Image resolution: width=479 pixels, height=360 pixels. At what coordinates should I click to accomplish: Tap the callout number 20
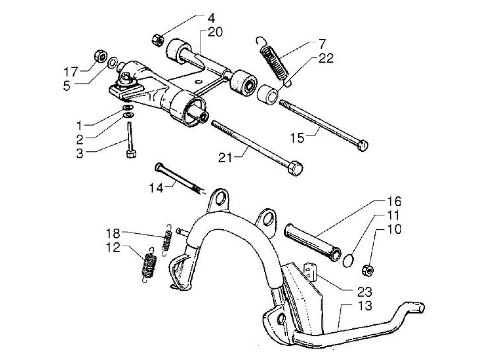[215, 33]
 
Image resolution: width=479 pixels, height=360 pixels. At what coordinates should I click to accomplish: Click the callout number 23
[364, 292]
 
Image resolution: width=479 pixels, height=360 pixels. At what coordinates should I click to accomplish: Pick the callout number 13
[364, 305]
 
